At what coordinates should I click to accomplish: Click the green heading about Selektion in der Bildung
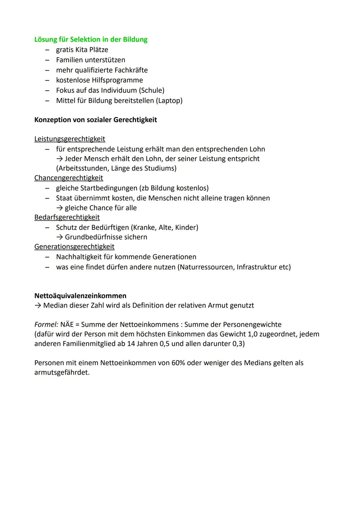[x=91, y=39]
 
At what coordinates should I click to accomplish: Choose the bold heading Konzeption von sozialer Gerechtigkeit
[x=95, y=120]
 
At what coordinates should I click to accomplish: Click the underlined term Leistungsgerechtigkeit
[x=70, y=139]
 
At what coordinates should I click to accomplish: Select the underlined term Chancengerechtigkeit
[x=69, y=178]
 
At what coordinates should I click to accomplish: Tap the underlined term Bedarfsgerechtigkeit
[x=67, y=217]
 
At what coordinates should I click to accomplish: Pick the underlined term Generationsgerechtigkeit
[x=74, y=247]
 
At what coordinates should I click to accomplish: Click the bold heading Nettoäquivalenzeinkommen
[x=80, y=296]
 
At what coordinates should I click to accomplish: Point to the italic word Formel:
[x=46, y=324]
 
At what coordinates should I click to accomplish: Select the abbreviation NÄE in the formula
[x=67, y=324]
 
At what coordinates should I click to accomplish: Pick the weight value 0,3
[x=238, y=344]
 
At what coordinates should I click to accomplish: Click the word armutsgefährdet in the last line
[x=62, y=372]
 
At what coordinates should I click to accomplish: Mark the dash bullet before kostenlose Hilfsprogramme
[x=48, y=80]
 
